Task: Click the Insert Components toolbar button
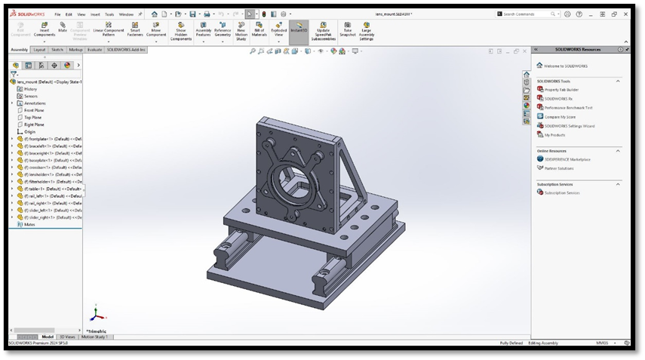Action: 45,29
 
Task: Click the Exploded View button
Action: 279,29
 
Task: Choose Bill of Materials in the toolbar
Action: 259,29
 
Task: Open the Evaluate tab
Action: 95,50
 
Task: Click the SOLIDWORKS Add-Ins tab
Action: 126,50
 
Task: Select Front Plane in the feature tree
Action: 34,110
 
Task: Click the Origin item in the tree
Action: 30,131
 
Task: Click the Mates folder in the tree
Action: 29,224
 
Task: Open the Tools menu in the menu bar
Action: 109,14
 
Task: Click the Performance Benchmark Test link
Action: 568,107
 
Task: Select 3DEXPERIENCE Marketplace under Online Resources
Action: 567,159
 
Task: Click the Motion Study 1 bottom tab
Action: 96,337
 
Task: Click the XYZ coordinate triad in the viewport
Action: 95,315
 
